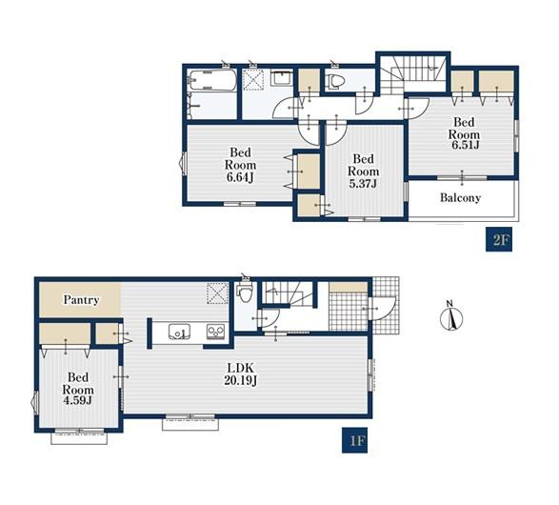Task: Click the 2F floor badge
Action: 499,239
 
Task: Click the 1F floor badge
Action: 354,440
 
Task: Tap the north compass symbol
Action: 451,316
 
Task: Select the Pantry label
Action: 81,300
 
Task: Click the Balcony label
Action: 460,197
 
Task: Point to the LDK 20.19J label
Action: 241,374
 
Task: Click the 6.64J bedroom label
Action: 240,165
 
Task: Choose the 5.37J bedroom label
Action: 363,171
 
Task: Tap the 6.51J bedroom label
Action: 464,133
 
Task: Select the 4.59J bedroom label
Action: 78,389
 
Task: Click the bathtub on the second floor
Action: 212,80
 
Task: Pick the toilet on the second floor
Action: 335,82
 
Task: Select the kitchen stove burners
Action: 216,332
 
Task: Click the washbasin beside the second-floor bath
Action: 282,77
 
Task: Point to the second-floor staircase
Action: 413,75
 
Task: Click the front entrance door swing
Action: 384,308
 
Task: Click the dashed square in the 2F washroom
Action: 253,80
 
